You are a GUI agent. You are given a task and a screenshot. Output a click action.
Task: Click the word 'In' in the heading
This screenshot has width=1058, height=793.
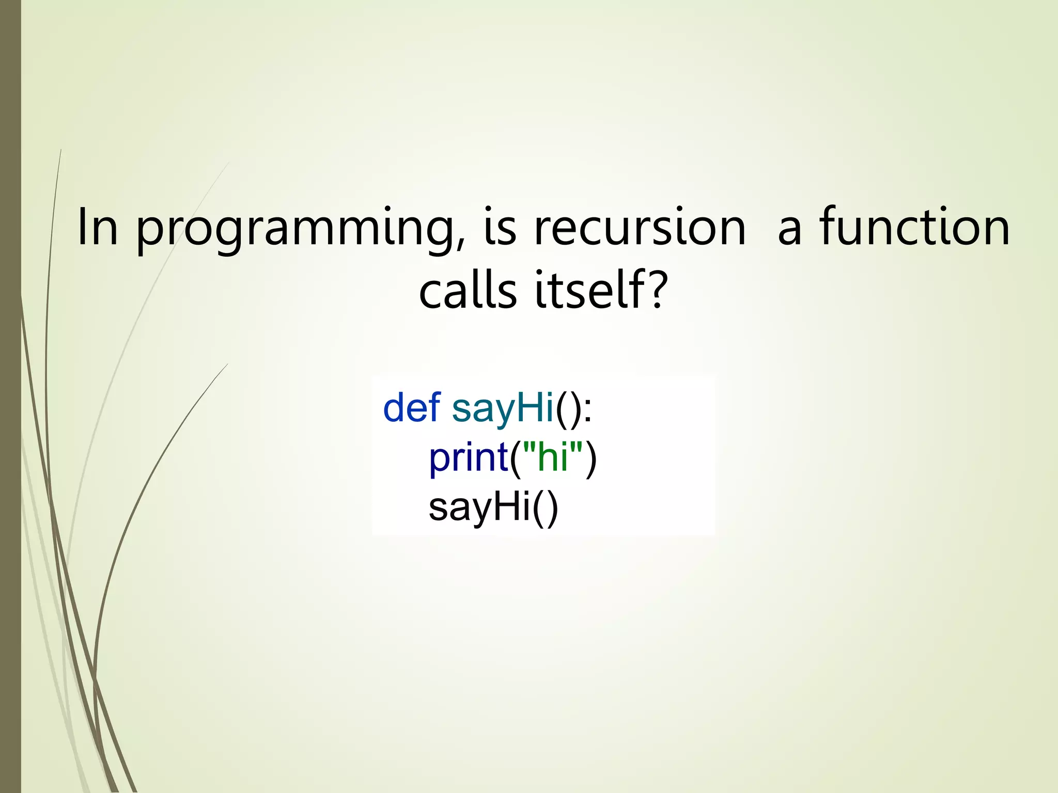[x=97, y=227]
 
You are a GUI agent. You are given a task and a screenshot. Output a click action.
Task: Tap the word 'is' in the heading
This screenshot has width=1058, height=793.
[x=500, y=227]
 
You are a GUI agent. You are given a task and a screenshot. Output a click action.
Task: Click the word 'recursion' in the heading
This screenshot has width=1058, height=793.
[x=640, y=227]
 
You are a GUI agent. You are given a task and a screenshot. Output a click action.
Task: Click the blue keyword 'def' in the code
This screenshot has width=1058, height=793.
[x=411, y=407]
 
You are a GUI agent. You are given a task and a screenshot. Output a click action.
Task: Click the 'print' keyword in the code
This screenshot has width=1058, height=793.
[x=468, y=458]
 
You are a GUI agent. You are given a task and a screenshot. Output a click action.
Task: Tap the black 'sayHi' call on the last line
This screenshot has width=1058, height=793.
[x=479, y=508]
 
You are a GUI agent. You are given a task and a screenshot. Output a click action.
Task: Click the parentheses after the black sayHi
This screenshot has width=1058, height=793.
[x=545, y=509]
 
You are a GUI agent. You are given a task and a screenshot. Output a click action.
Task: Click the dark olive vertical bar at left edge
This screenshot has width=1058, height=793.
[x=10, y=396]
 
